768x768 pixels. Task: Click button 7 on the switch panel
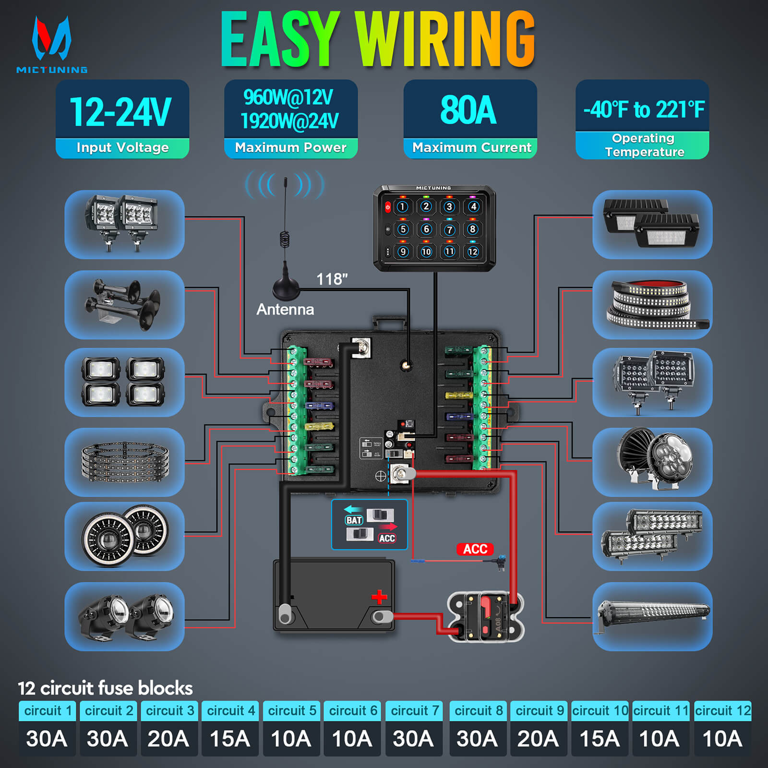pos(449,229)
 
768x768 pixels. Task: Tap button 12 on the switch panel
pos(473,252)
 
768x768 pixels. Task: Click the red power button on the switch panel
pos(388,207)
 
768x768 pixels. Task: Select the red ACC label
pos(475,549)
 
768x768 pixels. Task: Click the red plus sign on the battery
pos(379,597)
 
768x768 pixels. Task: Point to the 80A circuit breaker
pos(485,617)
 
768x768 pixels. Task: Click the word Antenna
pos(285,310)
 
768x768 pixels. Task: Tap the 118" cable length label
pos(332,279)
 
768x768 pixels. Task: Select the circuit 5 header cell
pos(291,711)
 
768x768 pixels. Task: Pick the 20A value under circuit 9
pos(538,739)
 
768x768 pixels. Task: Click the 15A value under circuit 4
pos(230,739)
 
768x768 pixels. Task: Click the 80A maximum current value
pos(468,110)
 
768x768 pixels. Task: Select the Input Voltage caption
pos(122,148)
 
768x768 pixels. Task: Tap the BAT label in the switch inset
pos(354,520)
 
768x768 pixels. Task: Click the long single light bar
pos(653,615)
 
